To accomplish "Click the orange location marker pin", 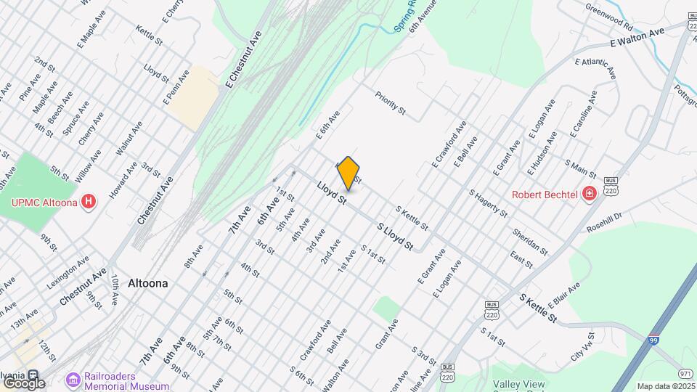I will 348,173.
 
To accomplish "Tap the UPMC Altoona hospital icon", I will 89,201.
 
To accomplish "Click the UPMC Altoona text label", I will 44,202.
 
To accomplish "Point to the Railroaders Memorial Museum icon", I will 73,380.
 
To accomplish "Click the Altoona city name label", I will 147,283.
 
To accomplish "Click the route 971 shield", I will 685,351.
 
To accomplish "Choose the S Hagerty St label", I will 488,203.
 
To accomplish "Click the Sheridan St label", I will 529,242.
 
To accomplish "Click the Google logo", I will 25,383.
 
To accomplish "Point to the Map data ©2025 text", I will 665,386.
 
